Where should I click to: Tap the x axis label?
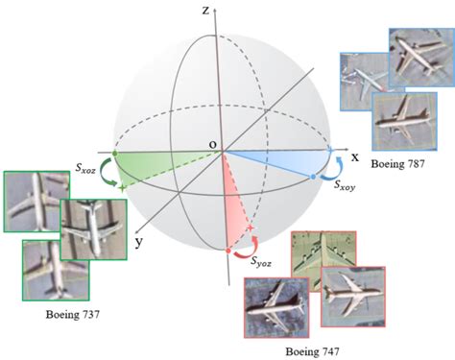click(x=353, y=156)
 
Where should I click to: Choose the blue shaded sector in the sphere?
click(x=278, y=159)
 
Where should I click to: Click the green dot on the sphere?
click(x=115, y=153)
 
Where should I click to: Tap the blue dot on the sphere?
click(x=314, y=177)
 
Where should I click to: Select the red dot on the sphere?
click(x=228, y=251)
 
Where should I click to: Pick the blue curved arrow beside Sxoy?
click(x=330, y=171)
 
